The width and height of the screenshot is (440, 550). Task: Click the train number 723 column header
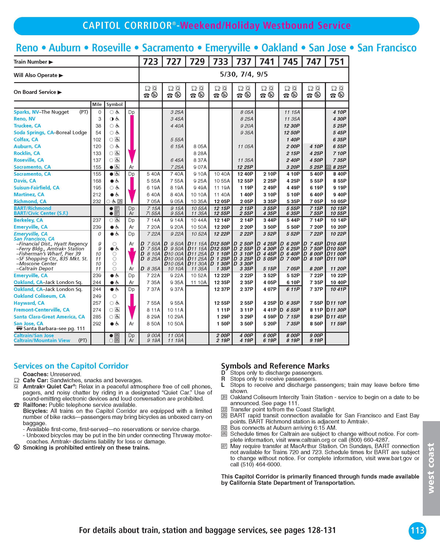pyautogui.click(x=151, y=62)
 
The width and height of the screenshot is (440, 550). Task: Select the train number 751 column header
pyautogui.click(x=337, y=62)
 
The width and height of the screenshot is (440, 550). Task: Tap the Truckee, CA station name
pyautogui.click(x=27, y=126)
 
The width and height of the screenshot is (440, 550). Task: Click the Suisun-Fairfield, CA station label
pyautogui.click(x=36, y=188)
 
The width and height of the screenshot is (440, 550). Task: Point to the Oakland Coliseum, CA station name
pyautogui.click(x=40, y=296)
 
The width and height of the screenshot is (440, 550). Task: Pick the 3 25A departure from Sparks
pyautogui.click(x=177, y=112)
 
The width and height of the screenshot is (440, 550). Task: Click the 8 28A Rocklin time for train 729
pyautogui.click(x=200, y=153)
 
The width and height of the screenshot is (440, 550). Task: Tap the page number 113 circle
pyautogui.click(x=417, y=531)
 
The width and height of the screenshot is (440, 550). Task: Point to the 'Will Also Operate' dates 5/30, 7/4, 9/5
pyautogui.click(x=244, y=74)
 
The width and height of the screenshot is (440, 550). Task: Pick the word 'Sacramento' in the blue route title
pyautogui.click(x=168, y=48)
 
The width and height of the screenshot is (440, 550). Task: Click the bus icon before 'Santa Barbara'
pyautogui.click(x=19, y=328)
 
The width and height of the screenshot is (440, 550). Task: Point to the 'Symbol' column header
pyautogui.click(x=115, y=104)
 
